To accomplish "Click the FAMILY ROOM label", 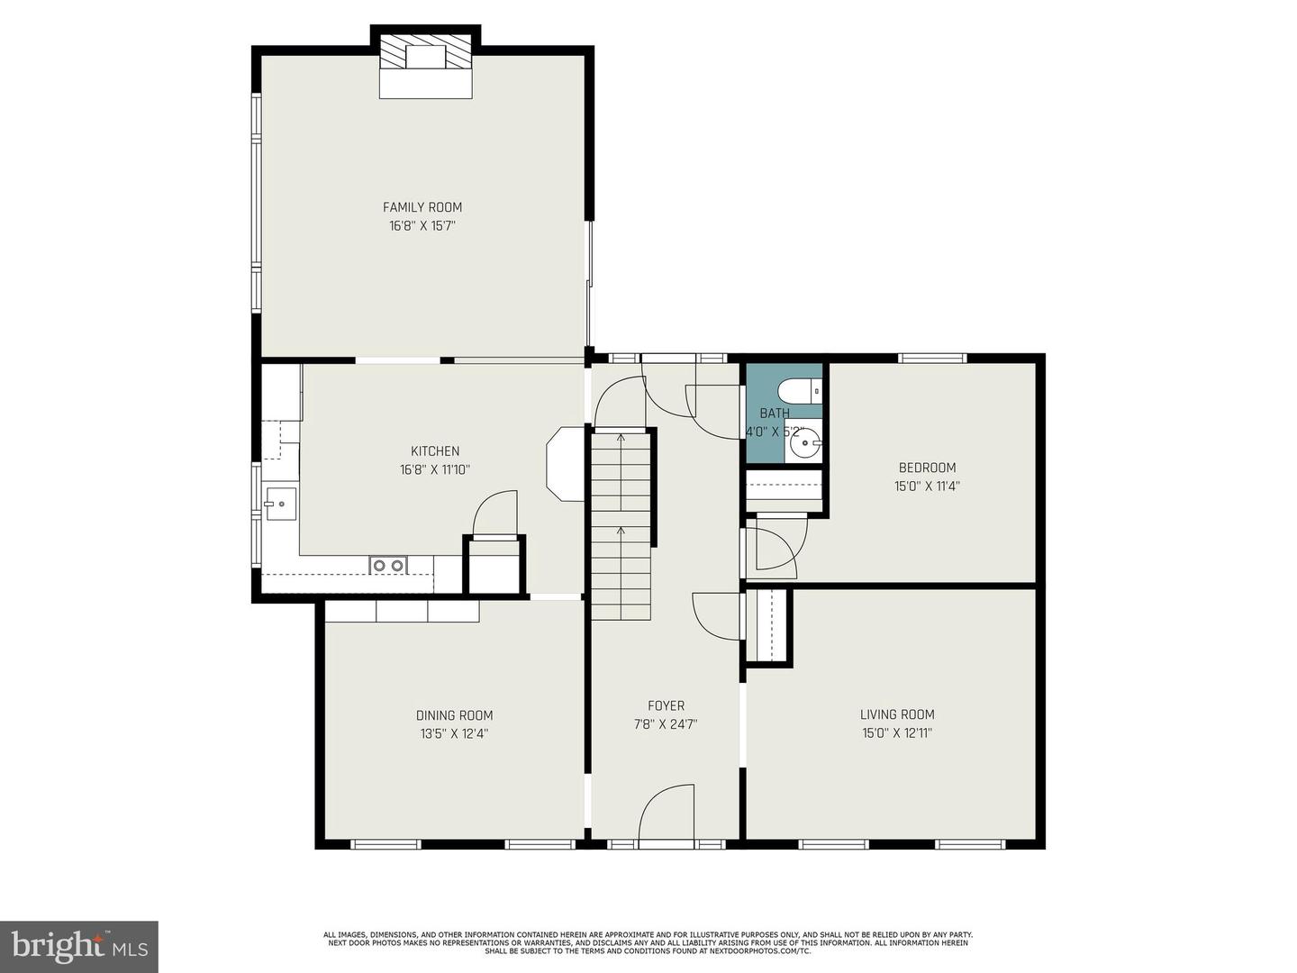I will tap(422, 207).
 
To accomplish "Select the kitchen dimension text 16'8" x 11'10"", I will tap(435, 469).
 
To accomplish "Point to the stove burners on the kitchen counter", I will tap(388, 566).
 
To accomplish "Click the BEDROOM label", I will tap(927, 468).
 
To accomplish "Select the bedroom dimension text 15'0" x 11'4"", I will tap(927, 486).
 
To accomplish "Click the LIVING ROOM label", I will tap(897, 714).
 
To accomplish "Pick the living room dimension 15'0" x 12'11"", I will tap(896, 733).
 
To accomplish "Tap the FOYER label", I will tap(666, 705).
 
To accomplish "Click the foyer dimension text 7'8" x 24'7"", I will tap(666, 723).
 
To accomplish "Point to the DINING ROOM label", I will tap(454, 715).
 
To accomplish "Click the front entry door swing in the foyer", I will tap(667, 815).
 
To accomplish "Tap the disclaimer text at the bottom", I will tap(648, 942).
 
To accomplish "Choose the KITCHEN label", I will tap(435, 451).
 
